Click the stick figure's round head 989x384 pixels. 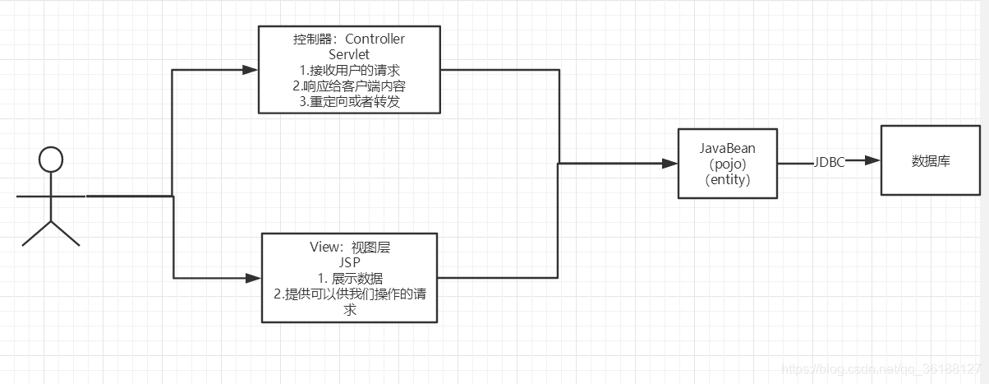coord(51,159)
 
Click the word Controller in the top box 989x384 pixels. coord(375,39)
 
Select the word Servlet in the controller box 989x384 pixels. coord(349,54)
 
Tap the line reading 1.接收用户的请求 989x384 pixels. coord(349,70)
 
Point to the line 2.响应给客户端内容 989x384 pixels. coord(349,86)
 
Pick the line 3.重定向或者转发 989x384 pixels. coord(349,102)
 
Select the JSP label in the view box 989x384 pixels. coord(350,262)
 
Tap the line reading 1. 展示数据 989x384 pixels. coord(349,278)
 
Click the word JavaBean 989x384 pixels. coord(727,149)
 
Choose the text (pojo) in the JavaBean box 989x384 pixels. coord(727,164)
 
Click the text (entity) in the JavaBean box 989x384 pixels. coord(728,180)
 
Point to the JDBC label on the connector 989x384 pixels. coord(830,162)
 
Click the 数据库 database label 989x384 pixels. coord(931,161)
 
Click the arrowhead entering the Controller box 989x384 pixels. coord(251,70)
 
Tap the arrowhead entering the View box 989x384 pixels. coord(255,279)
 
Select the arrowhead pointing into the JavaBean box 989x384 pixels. coord(671,164)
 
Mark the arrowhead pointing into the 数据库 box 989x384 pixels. coord(874,161)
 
